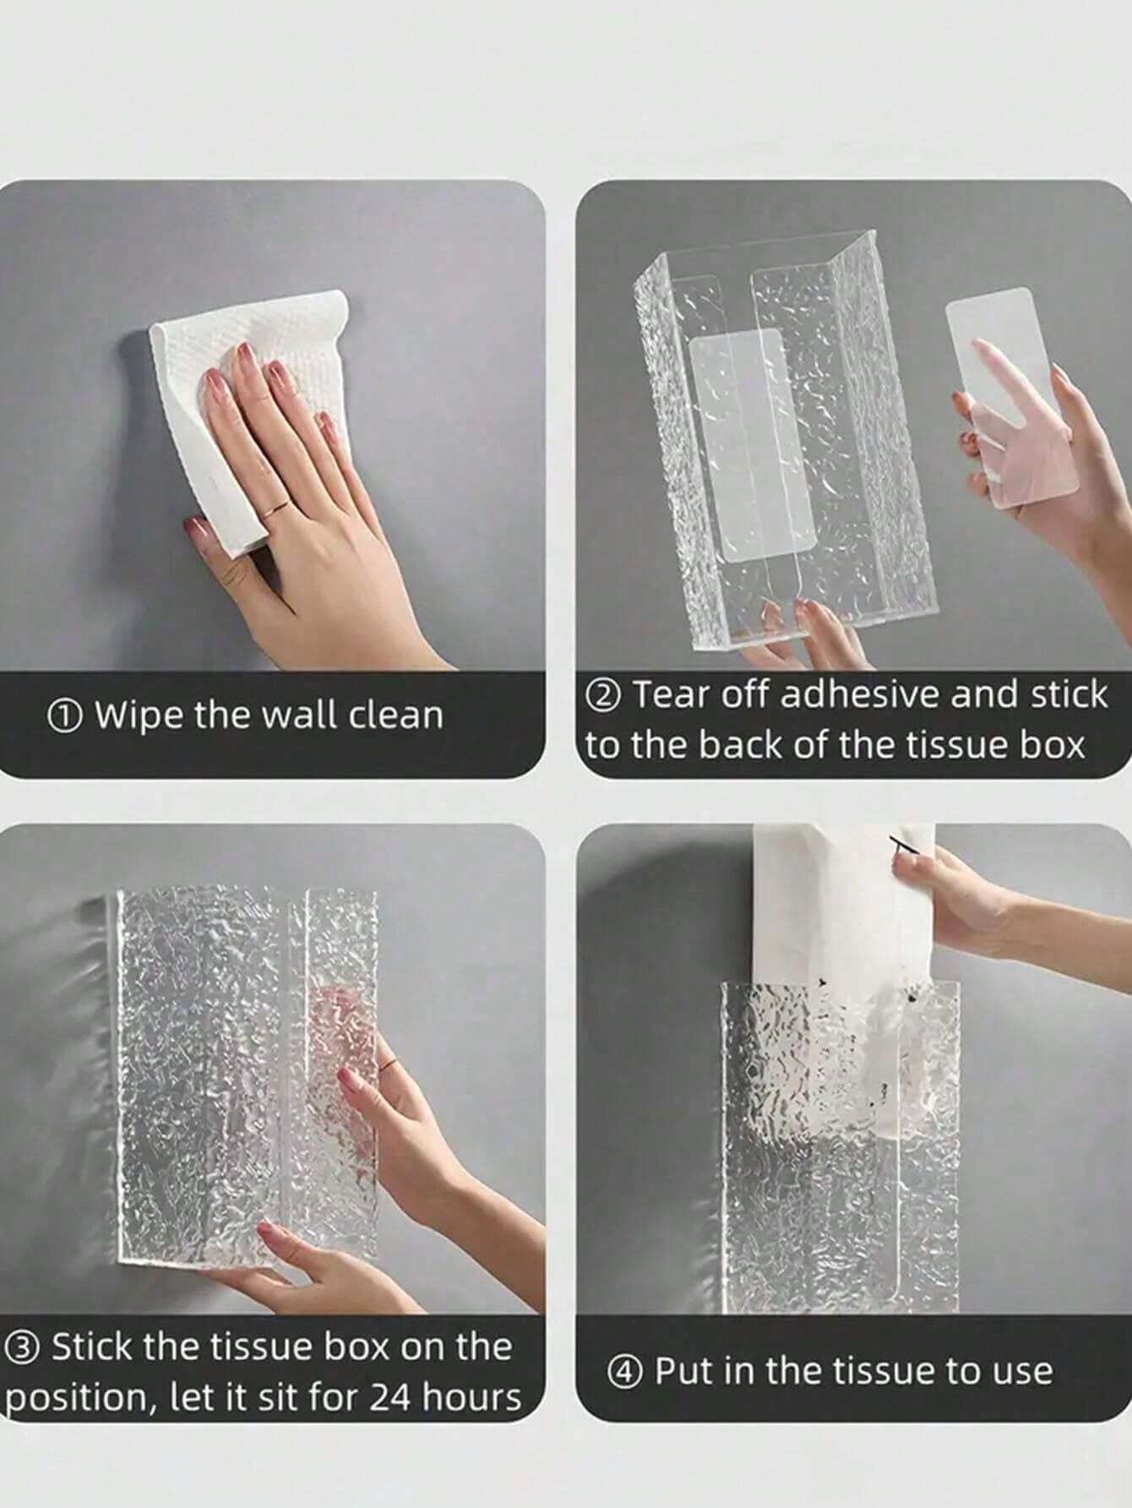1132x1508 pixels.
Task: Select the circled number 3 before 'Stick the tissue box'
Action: coord(22,1347)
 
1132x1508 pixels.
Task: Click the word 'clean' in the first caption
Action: coord(396,716)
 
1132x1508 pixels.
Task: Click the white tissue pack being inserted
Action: coord(846,972)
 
